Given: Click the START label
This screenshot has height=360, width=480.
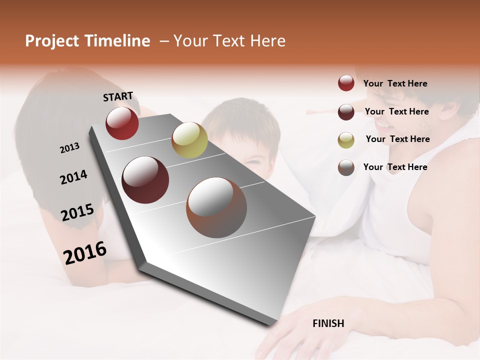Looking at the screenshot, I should [x=118, y=96].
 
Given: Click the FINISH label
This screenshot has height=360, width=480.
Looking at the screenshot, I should [x=328, y=323].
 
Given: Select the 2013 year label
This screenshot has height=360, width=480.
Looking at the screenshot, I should [x=69, y=148].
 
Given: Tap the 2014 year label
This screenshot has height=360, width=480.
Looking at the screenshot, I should [x=73, y=177].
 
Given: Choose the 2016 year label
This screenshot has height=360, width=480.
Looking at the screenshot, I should [x=85, y=252].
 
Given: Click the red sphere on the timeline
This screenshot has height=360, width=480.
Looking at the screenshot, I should [x=122, y=123].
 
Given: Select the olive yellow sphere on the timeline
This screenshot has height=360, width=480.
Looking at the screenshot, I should [x=189, y=140].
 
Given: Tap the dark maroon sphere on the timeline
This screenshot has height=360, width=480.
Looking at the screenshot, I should [x=145, y=180].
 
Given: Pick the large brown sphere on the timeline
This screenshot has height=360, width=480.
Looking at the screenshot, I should [x=216, y=207].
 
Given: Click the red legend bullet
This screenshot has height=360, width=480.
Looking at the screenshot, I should [x=346, y=83].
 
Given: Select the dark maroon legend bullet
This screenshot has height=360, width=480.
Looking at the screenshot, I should [x=346, y=111].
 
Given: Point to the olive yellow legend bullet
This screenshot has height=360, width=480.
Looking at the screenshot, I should [x=346, y=140].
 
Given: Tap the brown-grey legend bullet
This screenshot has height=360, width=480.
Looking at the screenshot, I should [x=346, y=167].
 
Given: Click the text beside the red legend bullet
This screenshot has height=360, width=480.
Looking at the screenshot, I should [x=395, y=83].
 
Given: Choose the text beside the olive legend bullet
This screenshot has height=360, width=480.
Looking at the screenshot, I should [x=397, y=139].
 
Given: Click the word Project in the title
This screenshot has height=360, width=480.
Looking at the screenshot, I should [x=52, y=41].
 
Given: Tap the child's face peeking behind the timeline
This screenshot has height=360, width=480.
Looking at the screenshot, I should [x=250, y=150].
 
